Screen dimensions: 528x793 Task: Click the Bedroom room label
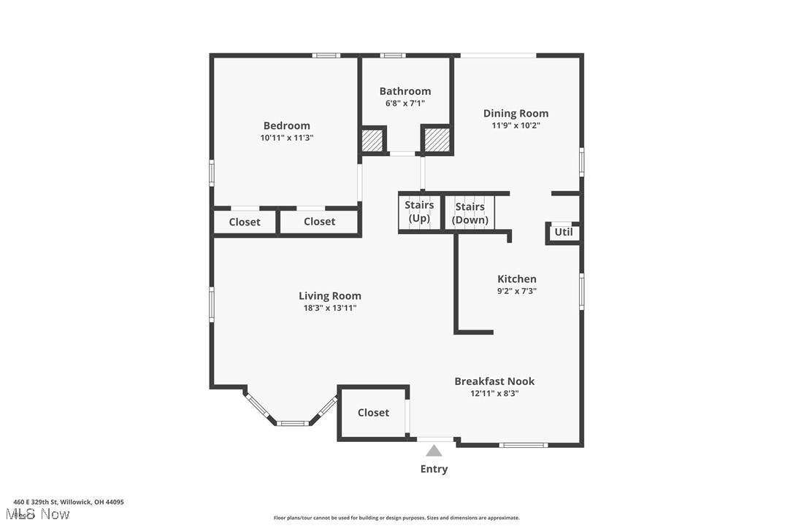pyautogui.click(x=286, y=125)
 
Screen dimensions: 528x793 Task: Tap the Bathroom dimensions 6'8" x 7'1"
pyautogui.click(x=405, y=104)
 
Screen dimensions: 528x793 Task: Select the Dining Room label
pyautogui.click(x=516, y=113)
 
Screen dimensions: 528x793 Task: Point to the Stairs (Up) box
pyautogui.click(x=419, y=212)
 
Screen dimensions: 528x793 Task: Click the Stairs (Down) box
pyautogui.click(x=470, y=212)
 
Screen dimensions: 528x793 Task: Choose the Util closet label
pyautogui.click(x=564, y=233)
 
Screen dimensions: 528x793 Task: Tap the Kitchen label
pyautogui.click(x=517, y=279)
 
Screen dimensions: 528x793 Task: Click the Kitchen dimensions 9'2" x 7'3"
pyautogui.click(x=517, y=291)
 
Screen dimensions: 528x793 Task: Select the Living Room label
pyautogui.click(x=330, y=295)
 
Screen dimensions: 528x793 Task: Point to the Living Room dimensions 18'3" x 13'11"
pyautogui.click(x=330, y=308)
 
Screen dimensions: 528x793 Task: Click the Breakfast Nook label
pyautogui.click(x=494, y=381)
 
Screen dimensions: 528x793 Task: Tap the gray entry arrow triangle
pyautogui.click(x=434, y=451)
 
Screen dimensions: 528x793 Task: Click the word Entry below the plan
pyautogui.click(x=434, y=469)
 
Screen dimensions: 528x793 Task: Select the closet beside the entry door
pyautogui.click(x=373, y=413)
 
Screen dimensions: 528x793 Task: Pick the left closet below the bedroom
pyautogui.click(x=245, y=222)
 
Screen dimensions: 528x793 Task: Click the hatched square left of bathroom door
pyautogui.click(x=373, y=140)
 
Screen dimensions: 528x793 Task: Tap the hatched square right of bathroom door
pyautogui.click(x=437, y=139)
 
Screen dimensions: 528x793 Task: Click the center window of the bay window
pyautogui.click(x=292, y=422)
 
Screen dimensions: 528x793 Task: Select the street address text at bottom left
pyautogui.click(x=69, y=502)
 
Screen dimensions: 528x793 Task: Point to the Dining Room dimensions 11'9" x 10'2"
pyautogui.click(x=516, y=125)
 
